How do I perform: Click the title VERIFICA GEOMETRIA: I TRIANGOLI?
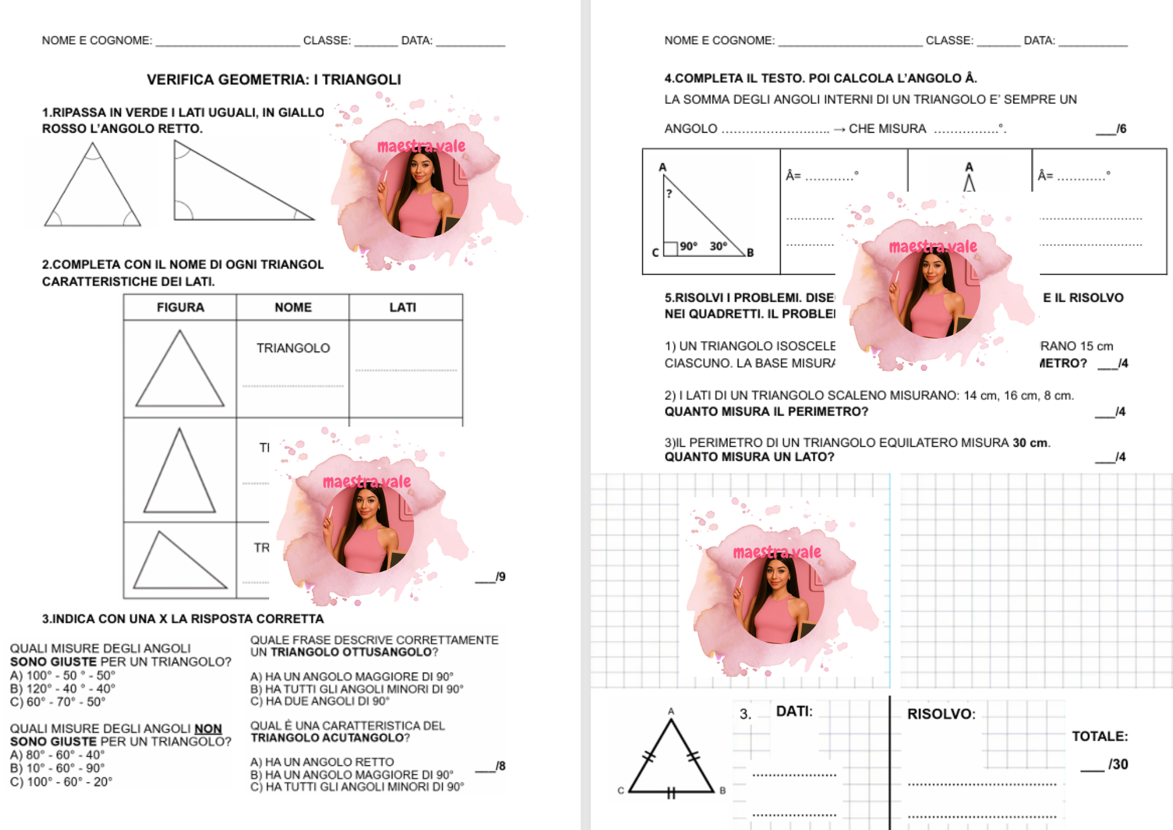(x=273, y=79)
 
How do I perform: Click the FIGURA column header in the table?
(x=180, y=307)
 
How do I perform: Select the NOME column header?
(x=293, y=307)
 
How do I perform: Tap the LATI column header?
(x=403, y=307)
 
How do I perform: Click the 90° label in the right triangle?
(x=688, y=246)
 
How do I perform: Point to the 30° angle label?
(x=718, y=246)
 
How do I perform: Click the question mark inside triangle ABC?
(x=669, y=193)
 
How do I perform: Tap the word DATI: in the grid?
(x=794, y=711)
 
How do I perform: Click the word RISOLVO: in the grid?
(x=941, y=714)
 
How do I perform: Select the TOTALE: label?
(x=1100, y=736)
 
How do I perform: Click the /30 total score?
(x=1117, y=764)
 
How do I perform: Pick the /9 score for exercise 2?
(x=500, y=576)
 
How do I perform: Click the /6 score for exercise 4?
(x=1121, y=129)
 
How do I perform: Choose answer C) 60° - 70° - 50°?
(x=57, y=701)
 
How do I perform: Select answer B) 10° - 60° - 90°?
(x=57, y=768)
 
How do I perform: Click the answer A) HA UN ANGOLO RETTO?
(x=322, y=762)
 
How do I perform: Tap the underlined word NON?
(x=208, y=728)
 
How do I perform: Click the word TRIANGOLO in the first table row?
(x=293, y=348)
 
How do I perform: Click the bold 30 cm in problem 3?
(x=1030, y=443)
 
